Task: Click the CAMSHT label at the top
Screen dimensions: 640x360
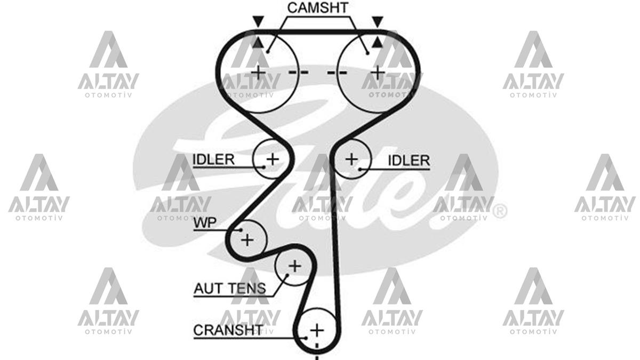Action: click(318, 8)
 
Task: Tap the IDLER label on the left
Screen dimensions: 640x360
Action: click(214, 159)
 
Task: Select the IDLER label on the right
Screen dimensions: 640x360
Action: click(409, 161)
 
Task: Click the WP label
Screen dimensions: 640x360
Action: click(205, 223)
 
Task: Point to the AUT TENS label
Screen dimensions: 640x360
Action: click(230, 289)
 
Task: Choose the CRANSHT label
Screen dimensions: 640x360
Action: click(228, 330)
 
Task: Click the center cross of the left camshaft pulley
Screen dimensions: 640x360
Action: click(258, 73)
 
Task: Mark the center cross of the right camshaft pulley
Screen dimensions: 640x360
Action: click(378, 73)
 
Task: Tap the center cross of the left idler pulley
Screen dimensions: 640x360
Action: click(273, 159)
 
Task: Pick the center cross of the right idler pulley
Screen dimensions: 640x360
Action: click(351, 159)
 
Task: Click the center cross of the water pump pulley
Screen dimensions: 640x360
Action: click(247, 240)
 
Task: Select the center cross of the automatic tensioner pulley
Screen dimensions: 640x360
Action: click(295, 266)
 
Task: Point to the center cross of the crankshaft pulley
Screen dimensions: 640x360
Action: click(317, 331)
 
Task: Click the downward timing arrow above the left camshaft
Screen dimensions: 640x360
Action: click(258, 22)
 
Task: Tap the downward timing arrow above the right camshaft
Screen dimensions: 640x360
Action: click(378, 22)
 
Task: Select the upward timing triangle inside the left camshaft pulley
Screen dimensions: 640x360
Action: click(258, 42)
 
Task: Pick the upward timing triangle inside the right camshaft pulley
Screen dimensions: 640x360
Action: click(378, 42)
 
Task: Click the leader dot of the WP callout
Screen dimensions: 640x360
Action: click(241, 230)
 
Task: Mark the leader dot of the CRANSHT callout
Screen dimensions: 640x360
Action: click(306, 338)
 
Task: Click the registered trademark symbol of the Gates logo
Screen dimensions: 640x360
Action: click(500, 211)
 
